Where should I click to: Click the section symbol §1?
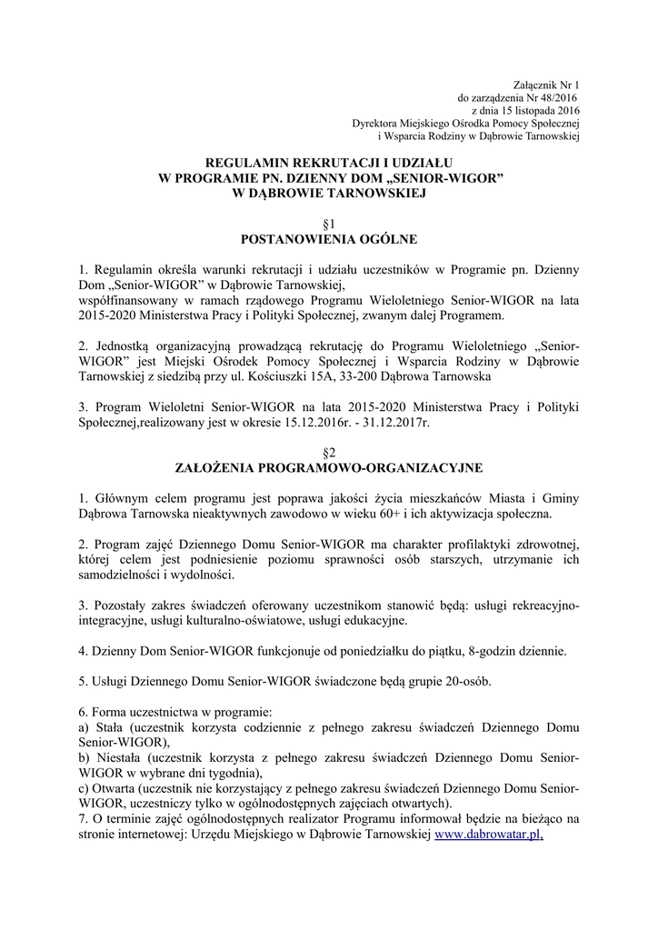[x=329, y=223]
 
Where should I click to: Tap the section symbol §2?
[x=329, y=452]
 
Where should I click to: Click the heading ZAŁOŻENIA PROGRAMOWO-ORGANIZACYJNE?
[x=329, y=468]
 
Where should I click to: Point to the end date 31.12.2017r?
[x=395, y=423]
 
